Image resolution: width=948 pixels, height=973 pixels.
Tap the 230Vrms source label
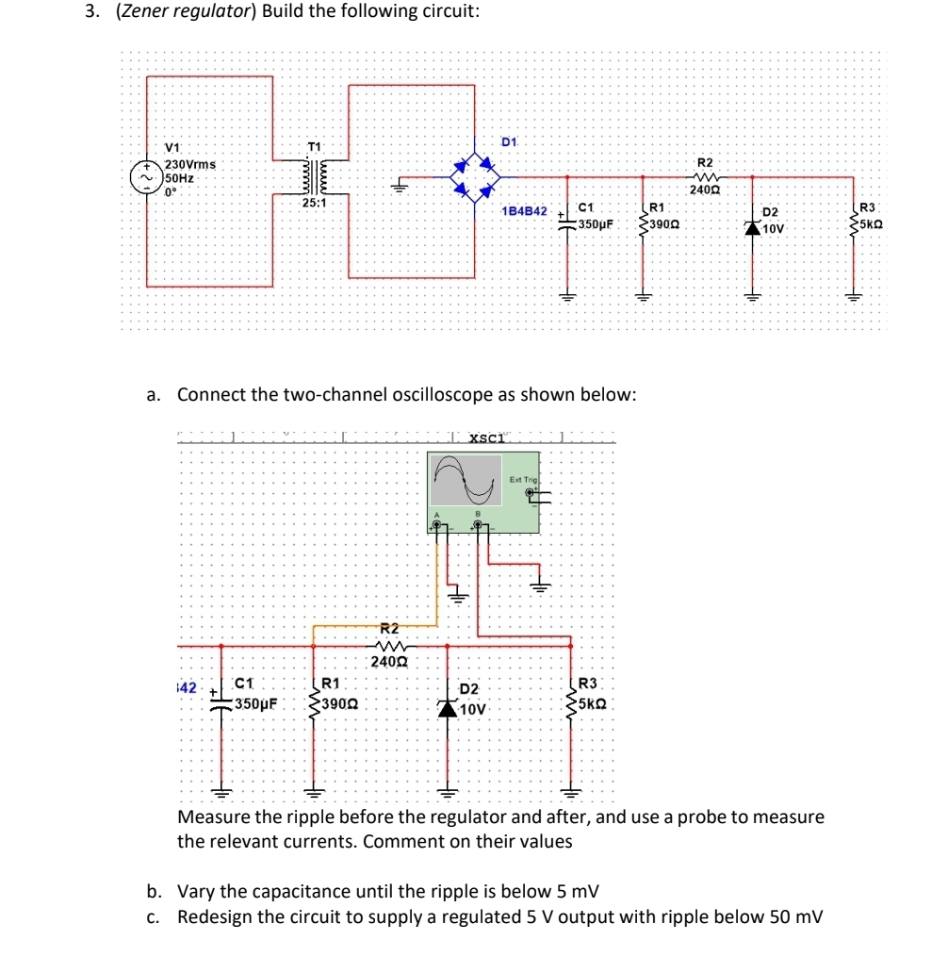pyautogui.click(x=185, y=165)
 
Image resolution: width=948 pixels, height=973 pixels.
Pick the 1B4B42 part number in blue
pyautogui.click(x=525, y=211)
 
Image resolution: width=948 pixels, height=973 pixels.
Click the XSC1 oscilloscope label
pyautogui.click(x=488, y=437)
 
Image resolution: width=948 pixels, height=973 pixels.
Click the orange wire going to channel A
pyautogui.click(x=436, y=585)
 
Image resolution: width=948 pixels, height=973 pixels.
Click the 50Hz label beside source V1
pyautogui.click(x=180, y=177)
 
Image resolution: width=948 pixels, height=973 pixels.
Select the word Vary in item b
pyautogui.click(x=196, y=891)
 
